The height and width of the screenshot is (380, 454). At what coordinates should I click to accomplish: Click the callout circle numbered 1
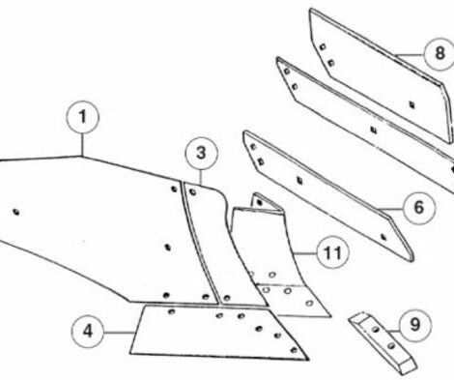(x=82, y=117)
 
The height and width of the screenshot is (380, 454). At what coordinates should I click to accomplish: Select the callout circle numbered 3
(x=201, y=154)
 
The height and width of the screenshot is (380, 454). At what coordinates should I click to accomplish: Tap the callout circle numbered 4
(x=88, y=332)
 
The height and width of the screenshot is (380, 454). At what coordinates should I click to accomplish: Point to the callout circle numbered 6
(x=418, y=207)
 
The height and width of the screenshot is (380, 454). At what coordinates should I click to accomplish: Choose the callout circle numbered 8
(x=440, y=54)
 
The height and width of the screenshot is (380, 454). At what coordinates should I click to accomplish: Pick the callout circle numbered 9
(x=415, y=324)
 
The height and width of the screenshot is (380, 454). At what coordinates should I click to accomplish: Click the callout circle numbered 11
(x=333, y=252)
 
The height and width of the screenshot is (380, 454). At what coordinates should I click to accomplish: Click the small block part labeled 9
(x=383, y=342)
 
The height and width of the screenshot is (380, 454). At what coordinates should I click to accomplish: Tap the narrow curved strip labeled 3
(x=219, y=242)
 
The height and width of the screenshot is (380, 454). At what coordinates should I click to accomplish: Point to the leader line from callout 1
(x=82, y=145)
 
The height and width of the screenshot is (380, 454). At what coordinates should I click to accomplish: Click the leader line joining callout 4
(x=119, y=332)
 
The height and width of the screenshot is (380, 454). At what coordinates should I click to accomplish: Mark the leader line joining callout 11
(x=304, y=254)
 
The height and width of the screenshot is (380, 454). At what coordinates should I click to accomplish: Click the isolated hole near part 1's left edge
(x=16, y=212)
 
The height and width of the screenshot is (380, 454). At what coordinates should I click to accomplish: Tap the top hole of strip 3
(x=192, y=192)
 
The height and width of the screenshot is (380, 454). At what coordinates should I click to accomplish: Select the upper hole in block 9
(x=376, y=330)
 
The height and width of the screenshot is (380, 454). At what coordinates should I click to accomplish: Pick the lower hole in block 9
(x=391, y=346)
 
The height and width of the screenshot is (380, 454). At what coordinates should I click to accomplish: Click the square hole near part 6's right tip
(x=383, y=237)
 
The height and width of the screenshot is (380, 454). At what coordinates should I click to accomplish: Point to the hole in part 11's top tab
(x=260, y=203)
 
